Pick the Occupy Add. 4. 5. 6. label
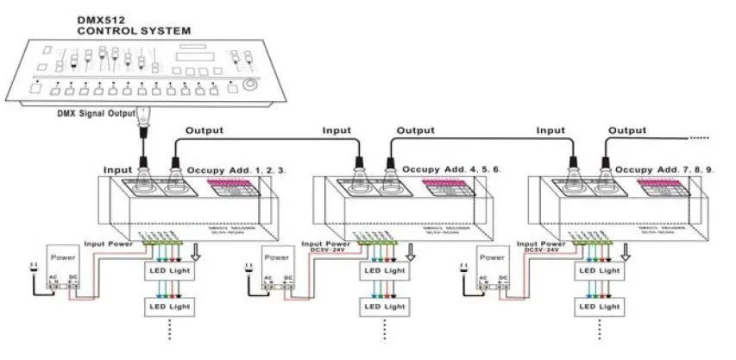click(452, 172)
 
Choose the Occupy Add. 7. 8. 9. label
click(665, 172)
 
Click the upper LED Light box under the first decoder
click(170, 269)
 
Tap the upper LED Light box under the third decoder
click(598, 269)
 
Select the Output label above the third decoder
click(626, 131)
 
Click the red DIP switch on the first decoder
click(231, 189)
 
